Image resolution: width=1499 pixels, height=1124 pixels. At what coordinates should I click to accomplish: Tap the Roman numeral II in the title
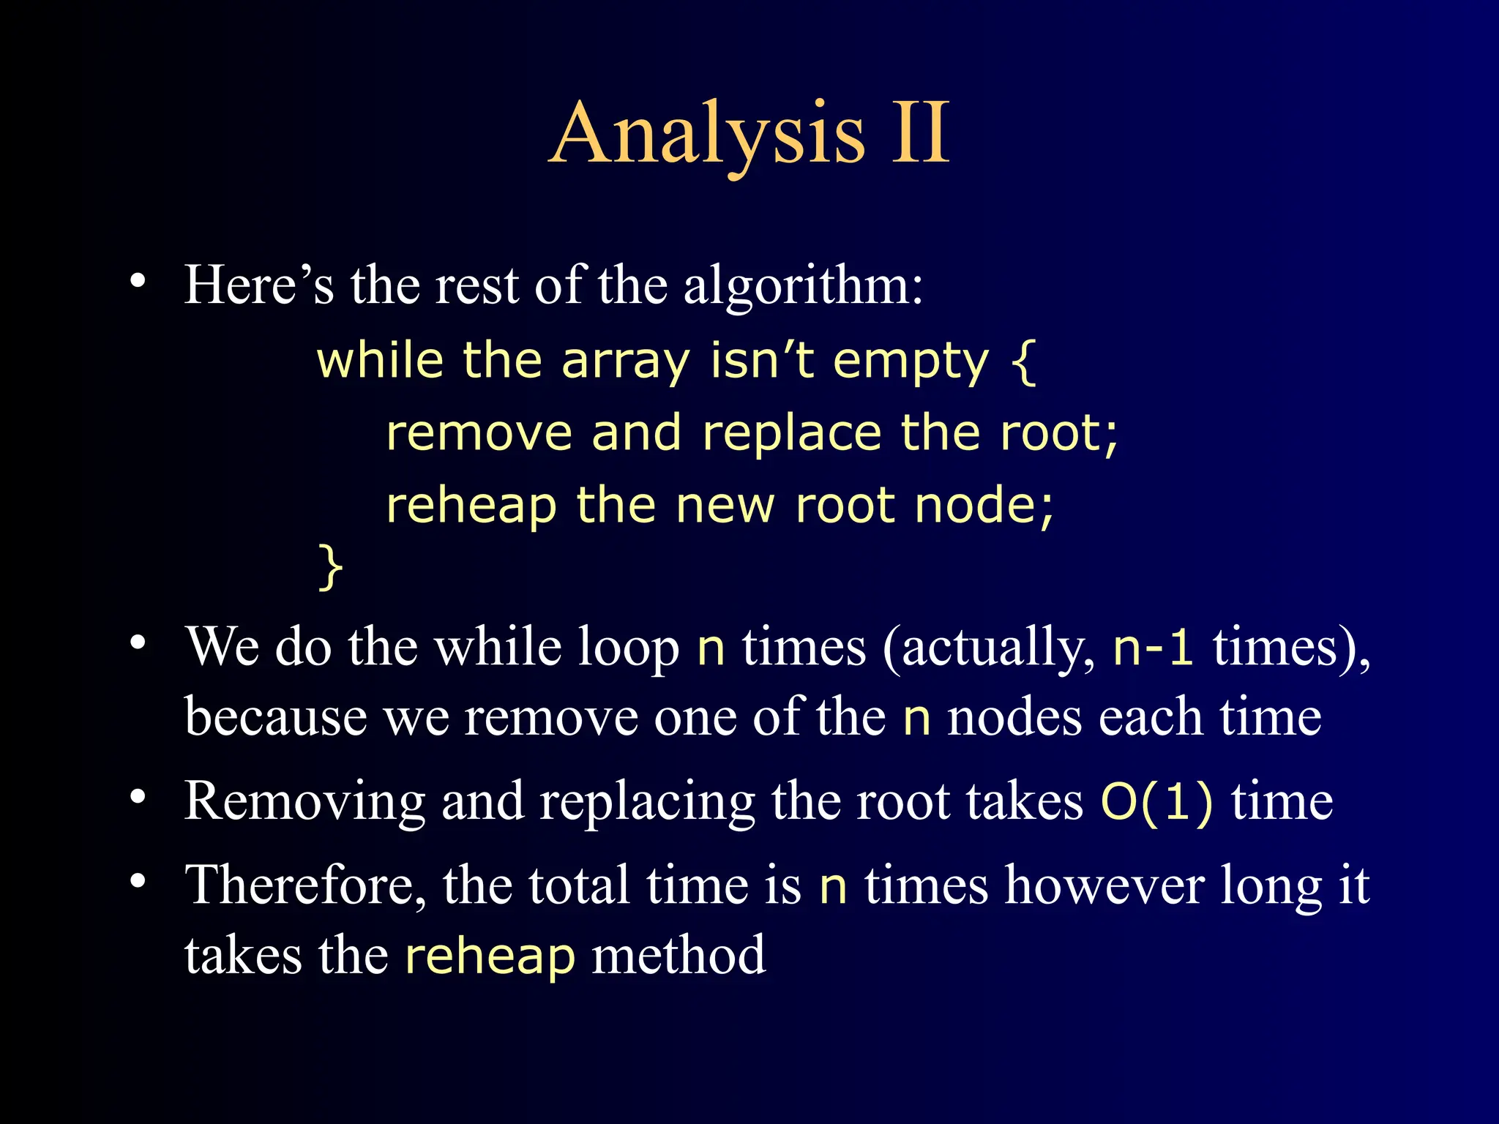coord(920,134)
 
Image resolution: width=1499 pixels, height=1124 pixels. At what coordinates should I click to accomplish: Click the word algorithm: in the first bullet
coord(803,285)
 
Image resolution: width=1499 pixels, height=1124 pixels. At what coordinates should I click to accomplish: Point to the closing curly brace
coord(330,566)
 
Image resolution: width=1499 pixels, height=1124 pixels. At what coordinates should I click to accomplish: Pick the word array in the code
coord(626,363)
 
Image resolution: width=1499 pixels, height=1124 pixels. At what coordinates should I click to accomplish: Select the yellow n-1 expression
coord(1153,647)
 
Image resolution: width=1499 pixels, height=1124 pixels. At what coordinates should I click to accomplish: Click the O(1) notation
coord(1156,801)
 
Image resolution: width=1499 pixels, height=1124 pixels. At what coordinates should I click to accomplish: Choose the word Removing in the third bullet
coord(304,802)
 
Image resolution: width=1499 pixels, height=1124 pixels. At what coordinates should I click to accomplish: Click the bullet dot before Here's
coord(138,281)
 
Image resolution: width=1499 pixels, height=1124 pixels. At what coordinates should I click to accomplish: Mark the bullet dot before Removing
coord(138,798)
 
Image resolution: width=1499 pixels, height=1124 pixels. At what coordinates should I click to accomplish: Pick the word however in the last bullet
coord(1104,885)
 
